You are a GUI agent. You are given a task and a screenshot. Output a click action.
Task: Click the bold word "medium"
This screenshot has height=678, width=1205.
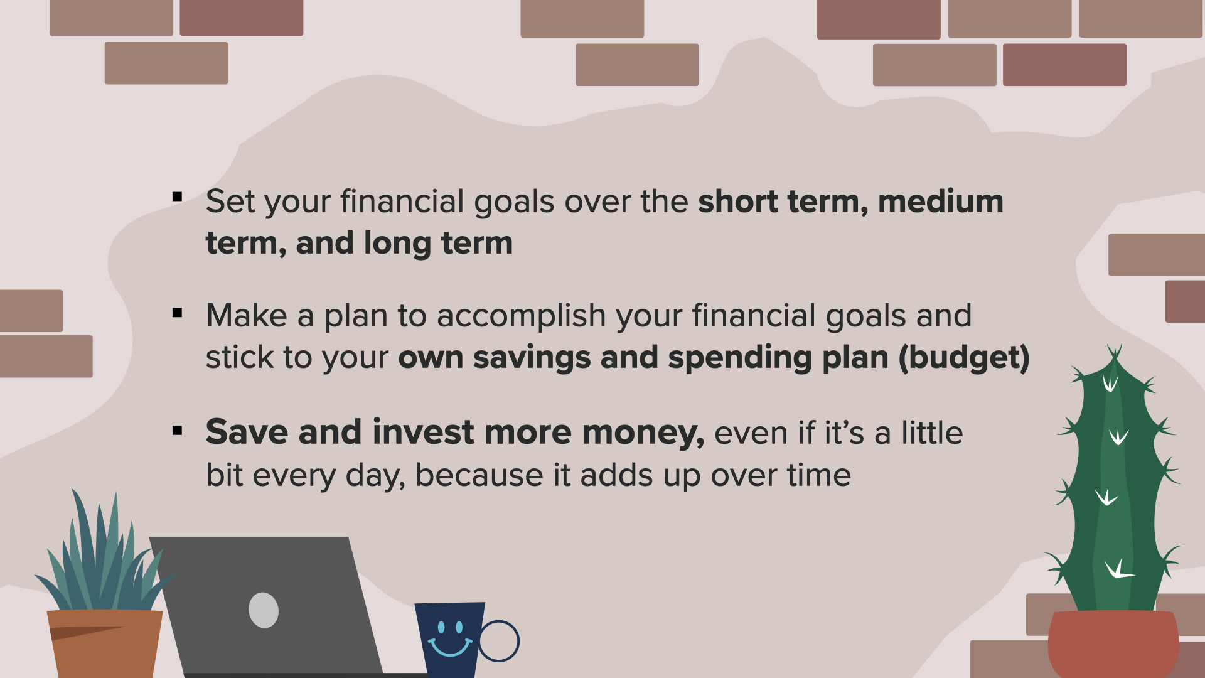click(x=940, y=202)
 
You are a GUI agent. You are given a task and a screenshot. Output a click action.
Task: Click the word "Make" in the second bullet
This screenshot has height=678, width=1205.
click(x=247, y=315)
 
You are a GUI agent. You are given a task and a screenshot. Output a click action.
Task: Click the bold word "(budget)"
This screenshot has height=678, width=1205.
click(x=964, y=358)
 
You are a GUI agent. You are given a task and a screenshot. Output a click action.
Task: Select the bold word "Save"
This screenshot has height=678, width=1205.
click(x=247, y=432)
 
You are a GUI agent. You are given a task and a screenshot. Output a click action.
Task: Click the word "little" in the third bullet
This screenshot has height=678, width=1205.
click(x=932, y=433)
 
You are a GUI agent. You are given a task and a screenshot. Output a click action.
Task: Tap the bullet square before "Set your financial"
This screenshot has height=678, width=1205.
click(x=177, y=197)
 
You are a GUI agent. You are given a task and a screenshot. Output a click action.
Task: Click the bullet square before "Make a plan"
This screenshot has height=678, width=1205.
click(x=177, y=312)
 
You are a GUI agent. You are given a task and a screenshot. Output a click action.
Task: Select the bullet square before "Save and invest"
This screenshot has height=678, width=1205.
click(x=177, y=431)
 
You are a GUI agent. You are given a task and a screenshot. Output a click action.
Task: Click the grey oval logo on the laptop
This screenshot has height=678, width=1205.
click(x=264, y=610)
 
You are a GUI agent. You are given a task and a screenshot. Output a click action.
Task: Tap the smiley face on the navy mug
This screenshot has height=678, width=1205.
click(x=450, y=638)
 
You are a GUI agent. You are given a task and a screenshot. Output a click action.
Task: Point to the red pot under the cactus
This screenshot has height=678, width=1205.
click(x=1113, y=644)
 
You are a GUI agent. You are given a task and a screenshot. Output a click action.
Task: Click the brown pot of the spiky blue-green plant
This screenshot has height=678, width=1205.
click(x=105, y=644)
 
